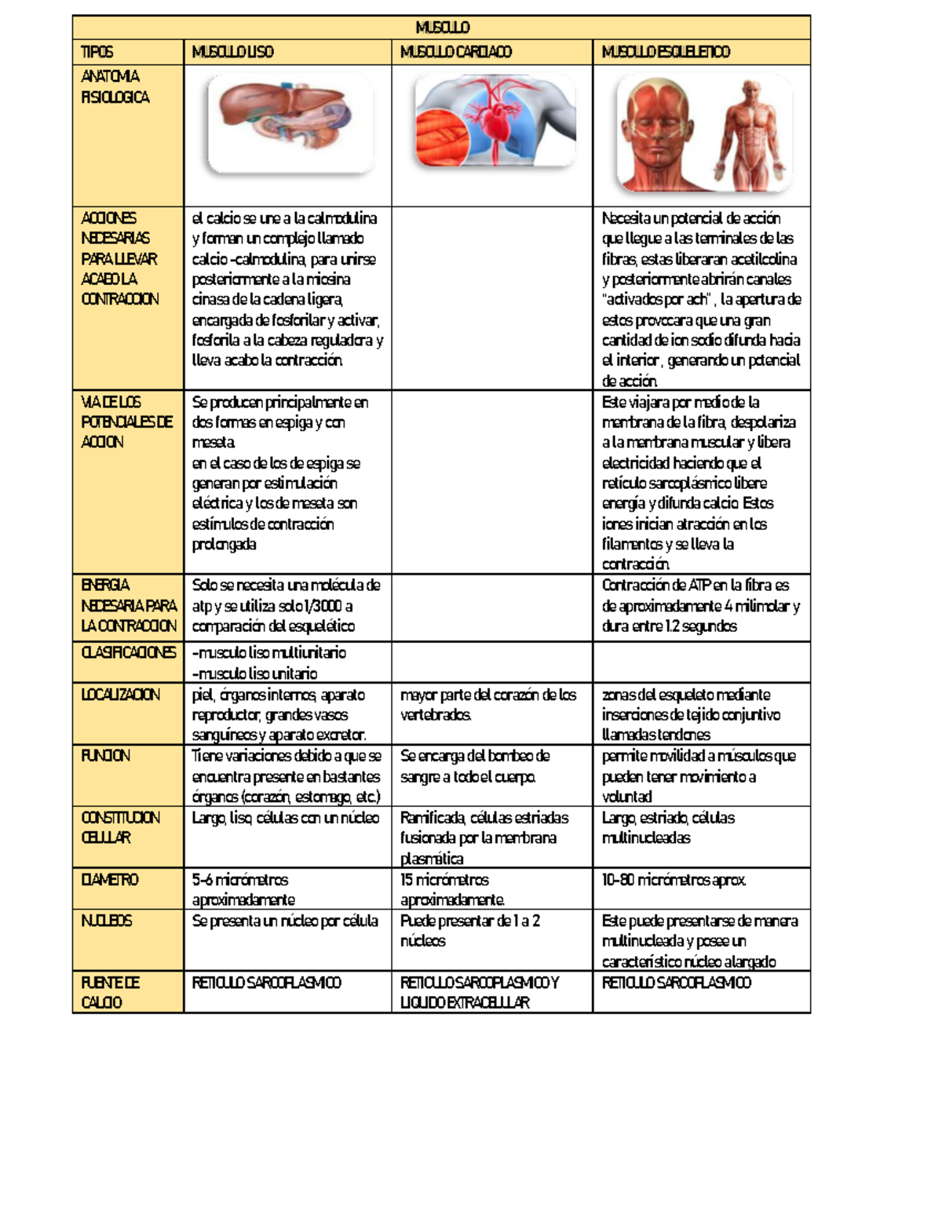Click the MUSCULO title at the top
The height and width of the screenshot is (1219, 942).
[442, 28]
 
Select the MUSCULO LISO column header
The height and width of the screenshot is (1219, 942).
[232, 53]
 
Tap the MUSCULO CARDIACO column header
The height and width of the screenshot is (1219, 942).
[455, 53]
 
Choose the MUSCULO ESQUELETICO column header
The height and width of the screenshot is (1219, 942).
[666, 53]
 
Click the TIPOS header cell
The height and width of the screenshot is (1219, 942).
[97, 53]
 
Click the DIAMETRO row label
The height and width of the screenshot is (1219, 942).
[110, 880]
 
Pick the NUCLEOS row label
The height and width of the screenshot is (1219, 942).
[107, 921]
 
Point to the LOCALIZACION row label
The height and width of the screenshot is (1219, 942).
[120, 695]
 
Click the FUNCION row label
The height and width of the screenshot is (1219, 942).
[106, 756]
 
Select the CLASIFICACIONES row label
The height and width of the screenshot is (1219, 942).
[128, 653]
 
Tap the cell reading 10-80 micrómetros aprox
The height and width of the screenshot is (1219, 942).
[674, 880]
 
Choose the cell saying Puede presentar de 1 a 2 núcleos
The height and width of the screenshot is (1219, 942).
[469, 931]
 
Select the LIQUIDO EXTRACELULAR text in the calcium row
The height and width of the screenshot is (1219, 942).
[465, 1003]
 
